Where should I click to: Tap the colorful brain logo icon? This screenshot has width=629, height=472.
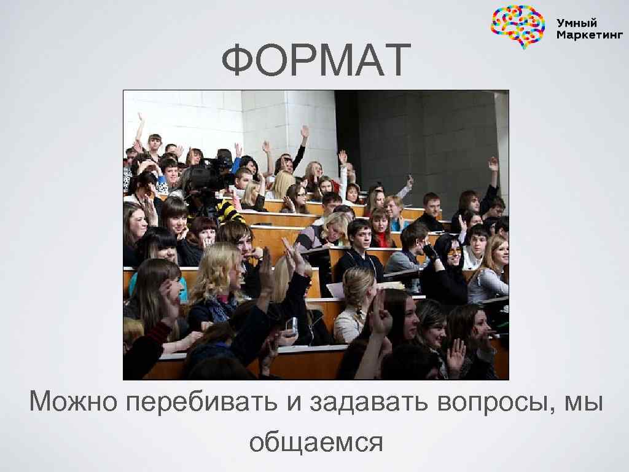(x=518, y=26)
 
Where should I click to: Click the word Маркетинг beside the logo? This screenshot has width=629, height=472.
(x=588, y=35)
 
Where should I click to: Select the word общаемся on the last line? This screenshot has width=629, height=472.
(x=316, y=441)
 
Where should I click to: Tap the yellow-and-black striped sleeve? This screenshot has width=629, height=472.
(x=230, y=213)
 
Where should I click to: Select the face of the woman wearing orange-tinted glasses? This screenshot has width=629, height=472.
(x=453, y=252)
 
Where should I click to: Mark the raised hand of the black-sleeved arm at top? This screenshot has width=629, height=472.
(x=305, y=132)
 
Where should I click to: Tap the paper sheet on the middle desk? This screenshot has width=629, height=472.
(x=335, y=289)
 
